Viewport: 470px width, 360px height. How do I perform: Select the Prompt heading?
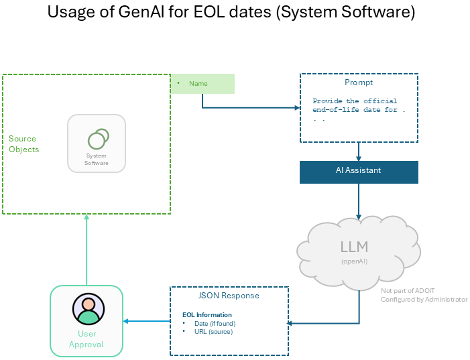tap(359, 82)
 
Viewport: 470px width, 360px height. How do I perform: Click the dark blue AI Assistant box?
tap(359, 171)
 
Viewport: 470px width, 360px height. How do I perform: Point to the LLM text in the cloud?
tap(353, 246)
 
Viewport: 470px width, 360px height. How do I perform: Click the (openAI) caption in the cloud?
tap(354, 261)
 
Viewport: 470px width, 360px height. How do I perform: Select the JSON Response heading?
tap(229, 296)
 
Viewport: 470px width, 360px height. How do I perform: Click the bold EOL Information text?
tap(207, 315)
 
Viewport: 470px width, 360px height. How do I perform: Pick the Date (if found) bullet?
tap(214, 324)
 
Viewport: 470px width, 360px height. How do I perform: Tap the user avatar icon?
tap(86, 309)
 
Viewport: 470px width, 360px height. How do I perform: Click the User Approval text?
tap(86, 339)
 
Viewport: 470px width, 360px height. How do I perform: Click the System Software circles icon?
tap(98, 139)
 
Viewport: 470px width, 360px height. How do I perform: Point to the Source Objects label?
tap(23, 144)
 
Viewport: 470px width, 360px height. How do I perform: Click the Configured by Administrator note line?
tap(424, 300)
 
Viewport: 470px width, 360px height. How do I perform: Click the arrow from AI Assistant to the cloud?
tap(359, 201)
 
